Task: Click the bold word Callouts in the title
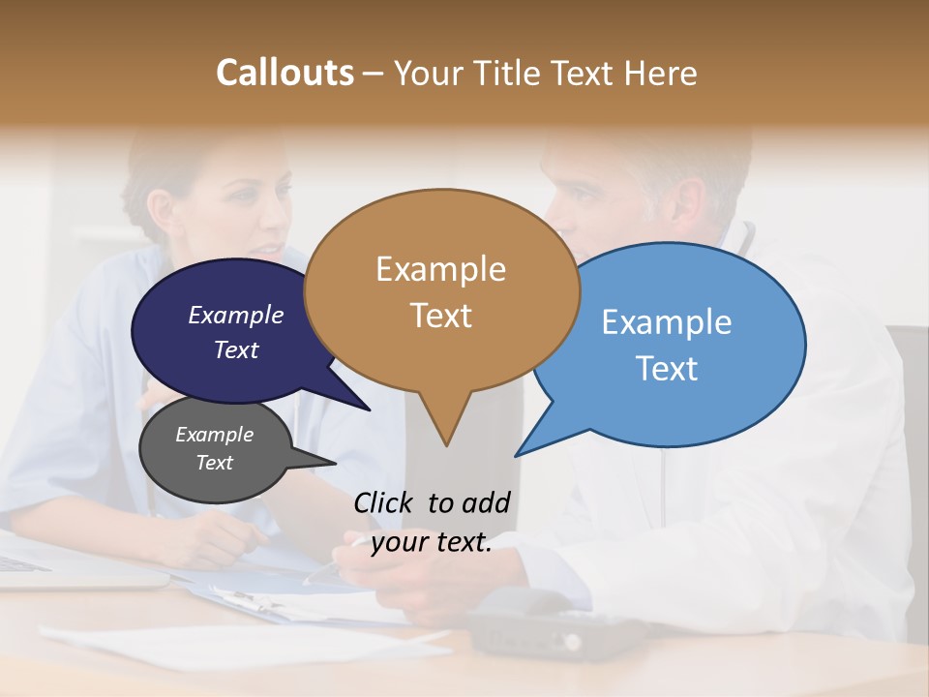285,73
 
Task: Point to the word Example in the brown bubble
440,269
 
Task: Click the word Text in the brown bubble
440,316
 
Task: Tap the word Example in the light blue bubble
666,322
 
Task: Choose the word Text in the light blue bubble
666,369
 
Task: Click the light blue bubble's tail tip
517,455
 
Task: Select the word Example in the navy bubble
235,315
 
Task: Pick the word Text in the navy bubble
235,349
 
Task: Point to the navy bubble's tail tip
369,409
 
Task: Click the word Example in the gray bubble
214,435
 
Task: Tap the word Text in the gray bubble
214,463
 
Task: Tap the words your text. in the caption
431,542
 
